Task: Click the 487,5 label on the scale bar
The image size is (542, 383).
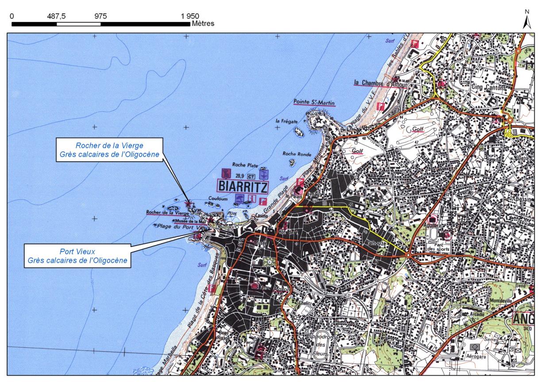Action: (x=56, y=16)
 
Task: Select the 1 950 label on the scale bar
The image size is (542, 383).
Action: (x=190, y=16)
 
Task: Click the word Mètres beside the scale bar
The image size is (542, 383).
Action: (x=203, y=23)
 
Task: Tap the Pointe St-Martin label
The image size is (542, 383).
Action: (x=314, y=103)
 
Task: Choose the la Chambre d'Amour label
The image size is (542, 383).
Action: (x=380, y=83)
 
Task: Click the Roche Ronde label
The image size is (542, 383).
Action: (x=295, y=154)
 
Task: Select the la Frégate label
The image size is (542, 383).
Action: (x=285, y=121)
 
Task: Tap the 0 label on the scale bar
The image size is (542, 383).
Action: (x=12, y=16)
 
